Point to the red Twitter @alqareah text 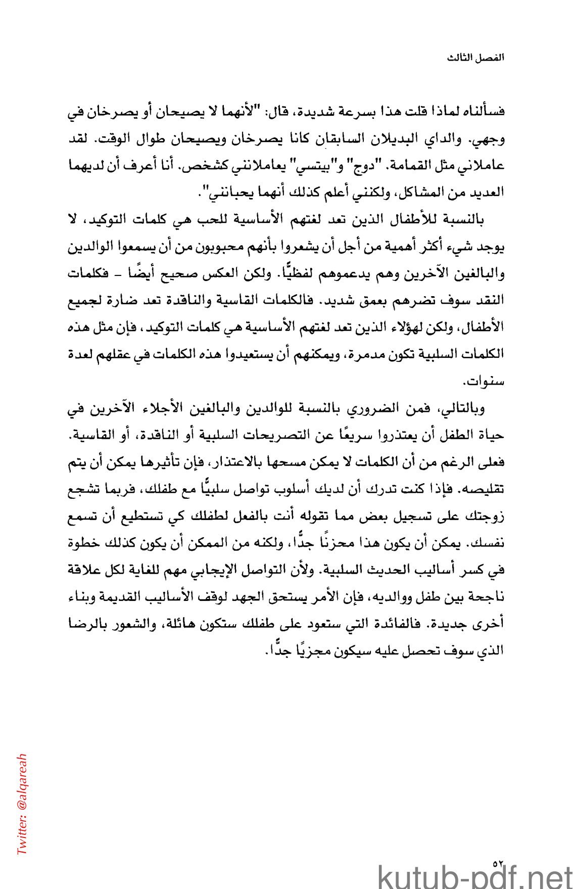click(22, 804)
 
